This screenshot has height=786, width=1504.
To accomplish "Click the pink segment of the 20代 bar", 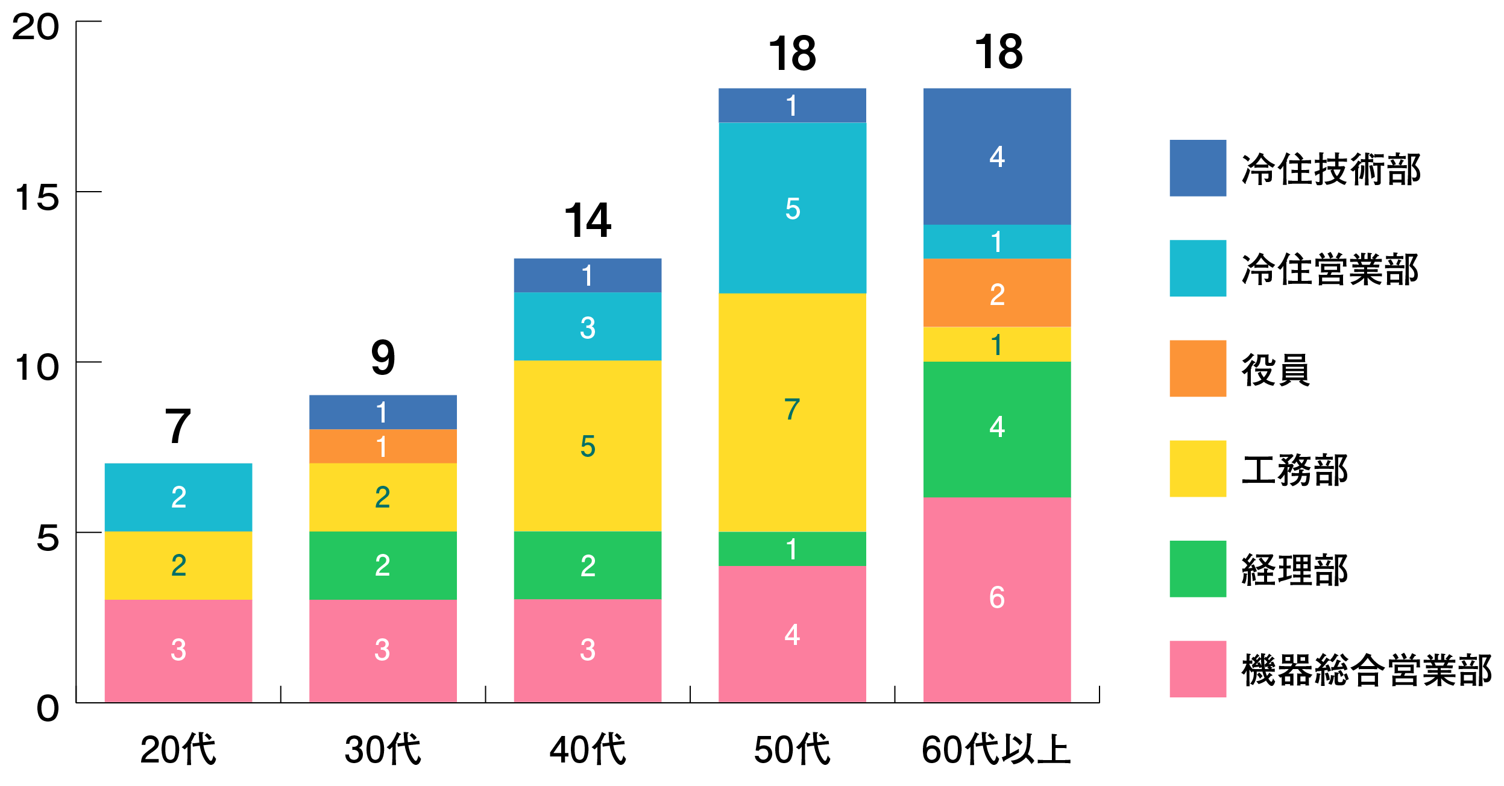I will point(178,650).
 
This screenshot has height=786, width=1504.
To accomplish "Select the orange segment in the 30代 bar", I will point(383,446).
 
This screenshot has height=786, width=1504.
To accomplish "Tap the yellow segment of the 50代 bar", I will point(792,412).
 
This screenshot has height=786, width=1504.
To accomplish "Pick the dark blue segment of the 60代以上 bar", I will point(997,156).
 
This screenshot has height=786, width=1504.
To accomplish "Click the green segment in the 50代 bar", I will point(792,549).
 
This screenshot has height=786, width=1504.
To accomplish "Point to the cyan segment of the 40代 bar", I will point(588,327).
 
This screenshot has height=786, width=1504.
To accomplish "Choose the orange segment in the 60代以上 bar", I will point(997,293).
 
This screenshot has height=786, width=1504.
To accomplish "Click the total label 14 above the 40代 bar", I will point(588,221).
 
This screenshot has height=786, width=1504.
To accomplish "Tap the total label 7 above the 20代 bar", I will point(178,426).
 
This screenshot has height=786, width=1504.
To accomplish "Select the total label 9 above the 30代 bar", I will point(383,357).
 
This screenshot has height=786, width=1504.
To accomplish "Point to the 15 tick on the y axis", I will point(37,198).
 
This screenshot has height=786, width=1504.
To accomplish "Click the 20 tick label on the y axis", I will point(36,27).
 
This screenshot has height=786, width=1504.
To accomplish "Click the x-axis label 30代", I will point(383,749).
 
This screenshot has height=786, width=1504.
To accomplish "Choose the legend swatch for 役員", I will point(1197,368).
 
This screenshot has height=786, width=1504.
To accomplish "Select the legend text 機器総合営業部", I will point(1366,670).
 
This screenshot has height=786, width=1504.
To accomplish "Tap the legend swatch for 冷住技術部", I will point(1197,168).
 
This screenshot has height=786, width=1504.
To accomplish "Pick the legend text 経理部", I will point(1294,570).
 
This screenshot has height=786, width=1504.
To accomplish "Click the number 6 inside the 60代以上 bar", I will point(997,597).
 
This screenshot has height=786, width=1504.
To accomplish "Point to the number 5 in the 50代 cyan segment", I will point(792,209).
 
